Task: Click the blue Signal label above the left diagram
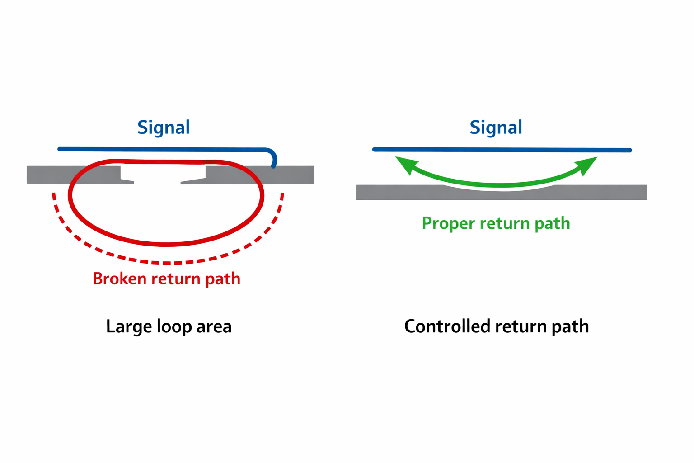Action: point(163,128)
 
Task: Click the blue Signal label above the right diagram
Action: point(496,128)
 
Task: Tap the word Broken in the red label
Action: point(120,279)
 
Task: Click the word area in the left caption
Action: point(214,326)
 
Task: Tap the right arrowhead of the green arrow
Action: point(588,164)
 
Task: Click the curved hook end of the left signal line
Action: point(273,158)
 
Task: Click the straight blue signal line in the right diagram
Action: point(502,150)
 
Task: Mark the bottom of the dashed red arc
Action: point(167,263)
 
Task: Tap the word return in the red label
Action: point(177,279)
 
